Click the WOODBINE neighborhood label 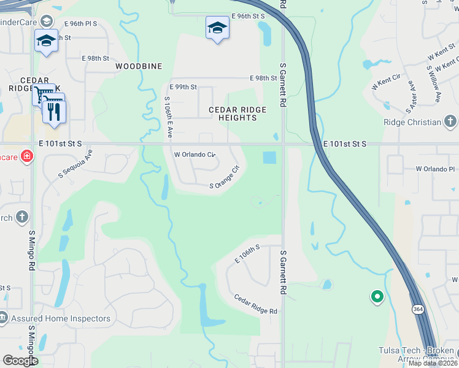[x=139, y=66]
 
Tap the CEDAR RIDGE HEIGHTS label [x=237, y=113]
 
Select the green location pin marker [x=377, y=297]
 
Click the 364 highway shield [x=417, y=309]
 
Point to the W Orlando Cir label [x=195, y=155]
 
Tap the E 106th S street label [x=247, y=253]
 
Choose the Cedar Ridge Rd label [x=255, y=304]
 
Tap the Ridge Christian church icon [x=450, y=121]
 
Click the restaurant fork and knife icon [x=54, y=112]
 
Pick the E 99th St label [x=183, y=87]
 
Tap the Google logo [x=20, y=360]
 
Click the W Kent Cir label [x=386, y=82]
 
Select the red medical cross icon [x=26, y=156]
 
